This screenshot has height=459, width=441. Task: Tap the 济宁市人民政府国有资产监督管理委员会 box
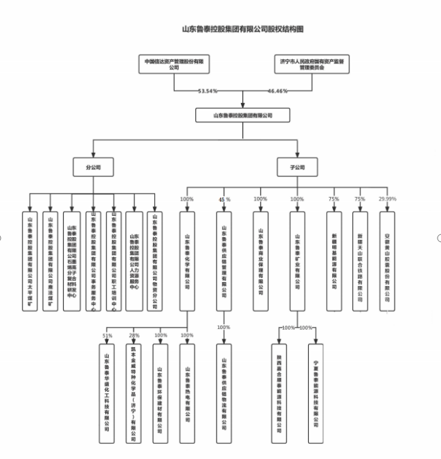(308, 64)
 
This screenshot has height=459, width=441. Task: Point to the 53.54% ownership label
(208, 91)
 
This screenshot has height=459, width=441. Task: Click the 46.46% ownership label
(278, 91)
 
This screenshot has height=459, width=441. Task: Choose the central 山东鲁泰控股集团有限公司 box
(242, 115)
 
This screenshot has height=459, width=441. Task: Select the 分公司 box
(93, 167)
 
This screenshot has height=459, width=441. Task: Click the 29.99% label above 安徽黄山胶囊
(388, 199)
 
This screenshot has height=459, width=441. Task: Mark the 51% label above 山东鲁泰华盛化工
(107, 336)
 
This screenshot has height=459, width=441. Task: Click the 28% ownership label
(134, 336)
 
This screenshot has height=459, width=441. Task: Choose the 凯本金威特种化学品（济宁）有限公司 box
(134, 393)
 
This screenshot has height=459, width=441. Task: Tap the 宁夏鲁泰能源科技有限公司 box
(316, 393)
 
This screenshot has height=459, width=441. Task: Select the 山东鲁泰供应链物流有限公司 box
(224, 393)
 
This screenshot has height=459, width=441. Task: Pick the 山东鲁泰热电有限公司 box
(186, 393)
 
